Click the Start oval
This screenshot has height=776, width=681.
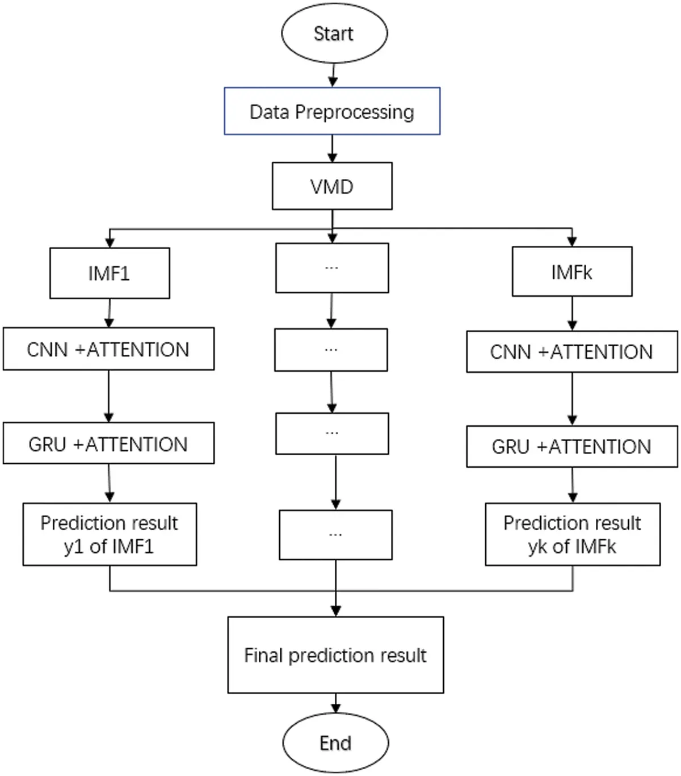pyautogui.click(x=334, y=33)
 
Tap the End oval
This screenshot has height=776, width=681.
pyautogui.click(x=335, y=743)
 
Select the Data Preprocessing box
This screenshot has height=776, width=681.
pyautogui.click(x=332, y=111)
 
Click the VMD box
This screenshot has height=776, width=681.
pyautogui.click(x=332, y=186)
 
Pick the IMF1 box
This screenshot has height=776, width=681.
pyautogui.click(x=110, y=273)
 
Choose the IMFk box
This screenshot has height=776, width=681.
pyautogui.click(x=571, y=272)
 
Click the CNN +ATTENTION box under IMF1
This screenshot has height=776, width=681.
pyautogui.click(x=108, y=349)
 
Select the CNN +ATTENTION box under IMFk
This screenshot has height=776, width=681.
pyautogui.click(x=571, y=351)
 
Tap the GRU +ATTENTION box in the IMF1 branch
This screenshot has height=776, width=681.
pyautogui.click(x=108, y=443)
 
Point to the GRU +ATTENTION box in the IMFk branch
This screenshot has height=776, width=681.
pyautogui.click(x=571, y=446)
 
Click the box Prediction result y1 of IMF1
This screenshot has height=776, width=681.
pyautogui.click(x=110, y=534)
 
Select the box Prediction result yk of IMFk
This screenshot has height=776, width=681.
pyautogui.click(x=572, y=534)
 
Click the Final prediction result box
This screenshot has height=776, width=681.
pyautogui.click(x=335, y=655)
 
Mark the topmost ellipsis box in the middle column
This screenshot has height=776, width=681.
pyautogui.click(x=332, y=268)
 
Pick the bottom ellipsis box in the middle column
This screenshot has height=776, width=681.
pyautogui.click(x=335, y=535)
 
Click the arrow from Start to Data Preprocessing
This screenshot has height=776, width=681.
pyautogui.click(x=333, y=75)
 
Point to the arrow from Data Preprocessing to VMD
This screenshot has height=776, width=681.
pyautogui.click(x=333, y=149)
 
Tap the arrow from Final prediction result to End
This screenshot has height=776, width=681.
pyautogui.click(x=335, y=703)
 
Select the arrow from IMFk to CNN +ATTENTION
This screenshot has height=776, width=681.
pyautogui.click(x=572, y=313)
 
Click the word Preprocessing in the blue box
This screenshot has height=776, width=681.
pyautogui.click(x=355, y=112)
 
